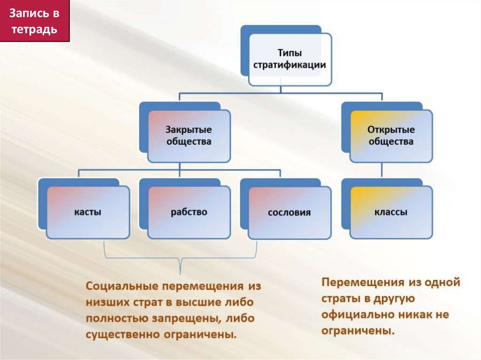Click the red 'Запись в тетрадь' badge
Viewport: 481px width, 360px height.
(x=35, y=21)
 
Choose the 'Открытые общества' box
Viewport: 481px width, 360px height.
(x=391, y=136)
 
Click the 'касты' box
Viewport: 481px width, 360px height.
(x=88, y=212)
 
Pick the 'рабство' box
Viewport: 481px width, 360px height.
(x=189, y=212)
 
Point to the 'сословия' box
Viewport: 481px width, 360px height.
(x=289, y=212)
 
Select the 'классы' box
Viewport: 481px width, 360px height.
(x=391, y=212)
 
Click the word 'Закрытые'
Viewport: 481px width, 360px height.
(x=189, y=130)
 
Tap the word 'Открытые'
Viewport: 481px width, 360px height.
(x=391, y=130)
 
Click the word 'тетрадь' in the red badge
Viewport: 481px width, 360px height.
(x=35, y=29)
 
